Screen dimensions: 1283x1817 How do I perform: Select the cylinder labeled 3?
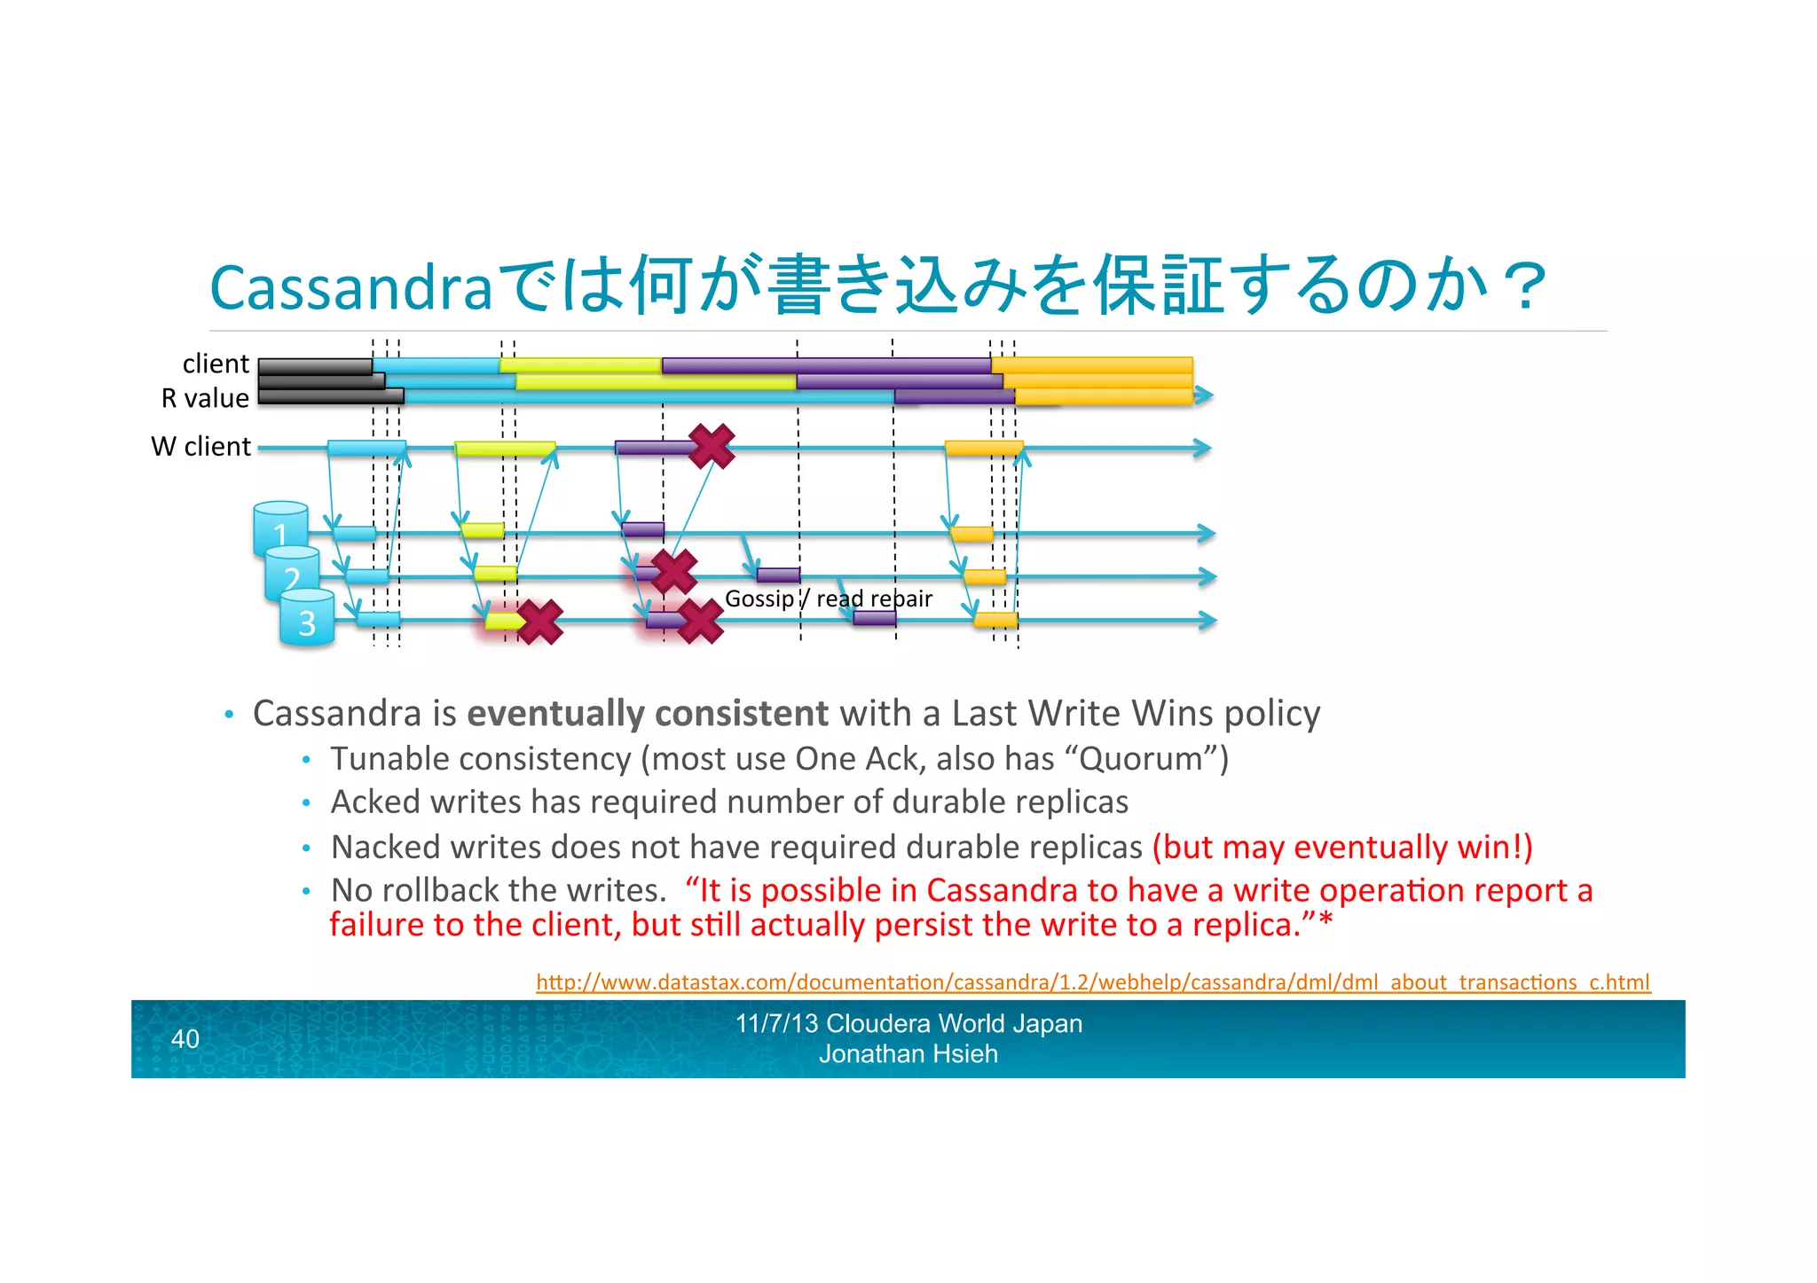pos(307,618)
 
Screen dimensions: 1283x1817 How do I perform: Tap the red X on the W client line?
pos(712,445)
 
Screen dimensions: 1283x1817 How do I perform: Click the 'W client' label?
pos(201,446)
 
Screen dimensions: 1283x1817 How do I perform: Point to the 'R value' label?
pos(205,398)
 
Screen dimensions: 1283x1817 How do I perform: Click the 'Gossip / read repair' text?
pos(828,598)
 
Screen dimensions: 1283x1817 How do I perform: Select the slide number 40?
pos(185,1038)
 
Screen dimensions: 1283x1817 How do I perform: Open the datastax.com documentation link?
pos(1092,982)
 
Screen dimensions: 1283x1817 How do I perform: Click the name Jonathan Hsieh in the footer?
pos(908,1054)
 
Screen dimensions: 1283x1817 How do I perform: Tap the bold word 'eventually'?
pos(555,714)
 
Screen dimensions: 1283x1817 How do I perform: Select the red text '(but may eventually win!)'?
pos(1342,847)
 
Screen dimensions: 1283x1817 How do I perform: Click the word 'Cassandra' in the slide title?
pos(350,287)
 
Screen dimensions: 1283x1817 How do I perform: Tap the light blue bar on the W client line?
pos(366,448)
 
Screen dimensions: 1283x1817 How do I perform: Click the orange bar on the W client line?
pos(983,448)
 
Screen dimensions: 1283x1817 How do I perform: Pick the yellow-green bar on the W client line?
pos(505,448)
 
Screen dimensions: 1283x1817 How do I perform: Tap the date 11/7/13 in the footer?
pos(776,1023)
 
